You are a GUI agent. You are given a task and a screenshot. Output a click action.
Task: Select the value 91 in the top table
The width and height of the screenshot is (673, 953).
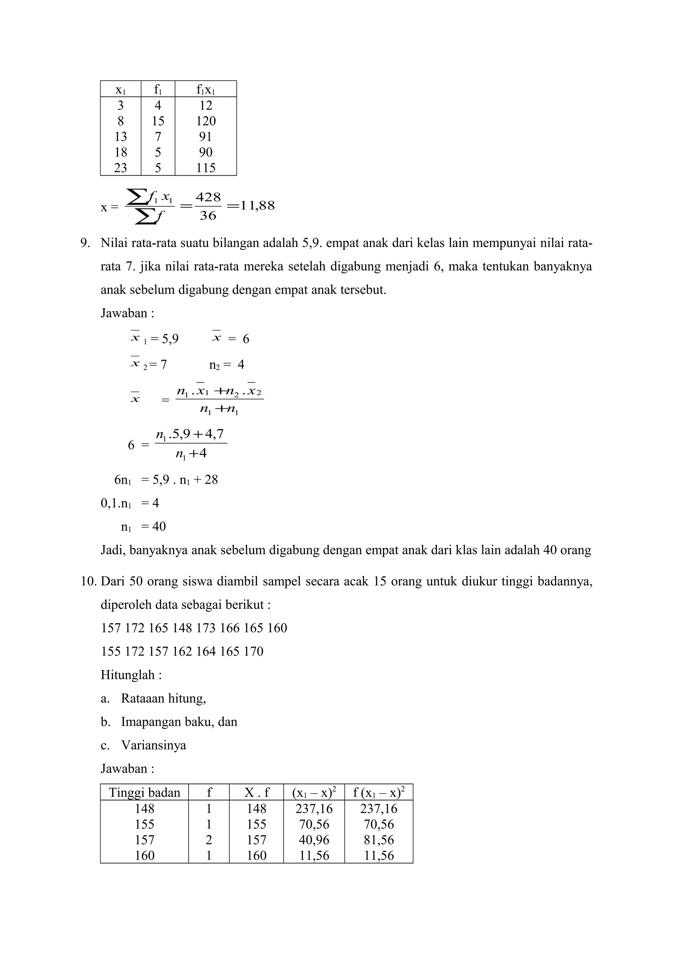205,136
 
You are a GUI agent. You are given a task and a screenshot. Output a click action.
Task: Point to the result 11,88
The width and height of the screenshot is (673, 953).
257,206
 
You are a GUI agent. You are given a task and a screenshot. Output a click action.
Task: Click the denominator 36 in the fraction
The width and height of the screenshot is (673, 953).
208,215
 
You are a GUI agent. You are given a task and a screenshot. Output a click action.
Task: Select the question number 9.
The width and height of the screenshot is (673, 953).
85,243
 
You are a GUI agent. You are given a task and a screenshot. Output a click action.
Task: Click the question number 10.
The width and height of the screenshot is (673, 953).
88,581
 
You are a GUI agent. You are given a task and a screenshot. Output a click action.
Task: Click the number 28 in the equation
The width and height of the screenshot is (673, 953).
211,480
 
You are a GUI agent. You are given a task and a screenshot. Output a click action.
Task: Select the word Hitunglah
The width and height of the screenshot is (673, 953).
128,675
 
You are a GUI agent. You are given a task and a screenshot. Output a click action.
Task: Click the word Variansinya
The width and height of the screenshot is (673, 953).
153,745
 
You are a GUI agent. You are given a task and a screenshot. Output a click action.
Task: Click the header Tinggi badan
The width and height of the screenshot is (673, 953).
144,793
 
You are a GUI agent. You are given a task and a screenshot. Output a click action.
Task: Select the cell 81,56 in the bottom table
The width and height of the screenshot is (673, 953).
379,840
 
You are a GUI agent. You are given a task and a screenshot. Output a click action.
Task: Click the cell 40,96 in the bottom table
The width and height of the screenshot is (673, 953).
314,840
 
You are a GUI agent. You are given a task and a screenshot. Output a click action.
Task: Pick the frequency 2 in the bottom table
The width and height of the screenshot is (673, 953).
209,840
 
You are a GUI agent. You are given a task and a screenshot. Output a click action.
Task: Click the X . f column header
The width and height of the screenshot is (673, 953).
256,793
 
